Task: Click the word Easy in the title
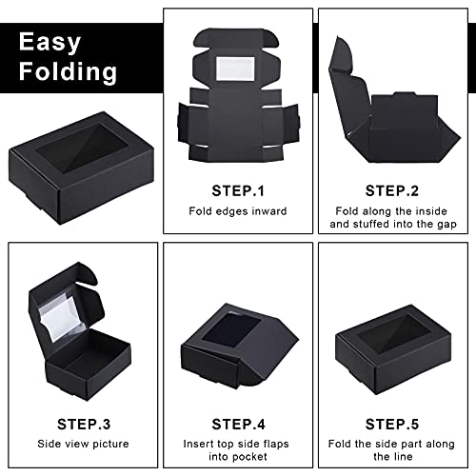click(x=59, y=41)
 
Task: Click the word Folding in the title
click(x=72, y=71)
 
